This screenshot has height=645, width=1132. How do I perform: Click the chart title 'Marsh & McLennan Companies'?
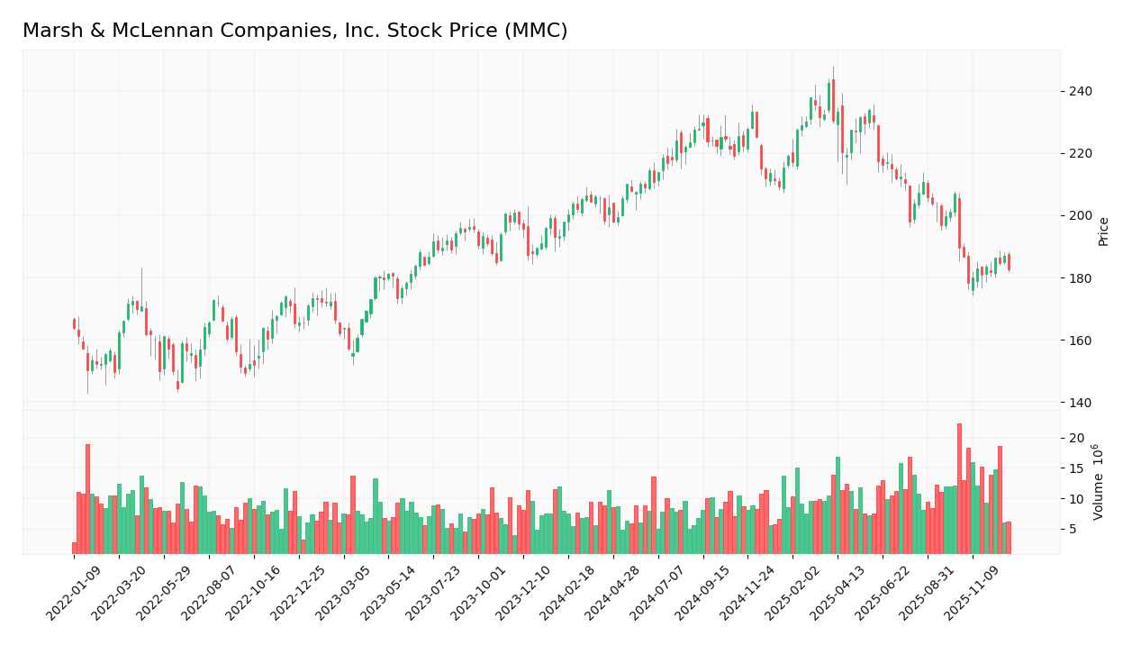coord(294,32)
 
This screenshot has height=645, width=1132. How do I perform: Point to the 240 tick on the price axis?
coord(1080,91)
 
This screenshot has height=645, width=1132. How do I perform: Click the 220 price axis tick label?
coord(1080,153)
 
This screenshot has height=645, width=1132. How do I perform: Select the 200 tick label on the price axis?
coord(1080,216)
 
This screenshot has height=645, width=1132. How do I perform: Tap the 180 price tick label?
coord(1080,278)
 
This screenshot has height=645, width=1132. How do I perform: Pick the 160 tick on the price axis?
coord(1080,341)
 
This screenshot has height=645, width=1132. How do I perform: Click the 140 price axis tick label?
coord(1080,403)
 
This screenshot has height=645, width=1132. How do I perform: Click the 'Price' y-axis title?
coord(1103,232)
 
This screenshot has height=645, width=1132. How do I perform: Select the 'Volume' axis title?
coord(1098,482)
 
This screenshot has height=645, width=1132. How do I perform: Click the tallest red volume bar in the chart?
coord(959,488)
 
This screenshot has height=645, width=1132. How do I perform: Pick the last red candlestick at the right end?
coord(1009,261)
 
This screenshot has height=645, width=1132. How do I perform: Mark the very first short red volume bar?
coord(75,548)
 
